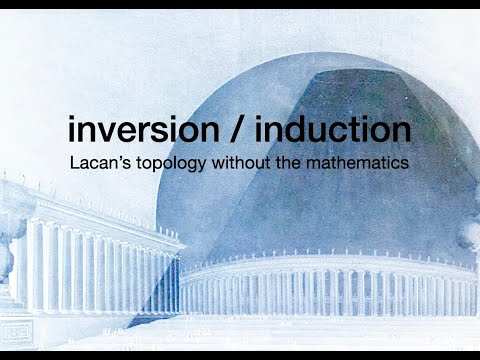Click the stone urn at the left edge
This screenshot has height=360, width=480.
tap(6, 250)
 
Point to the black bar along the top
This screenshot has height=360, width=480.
tap(240, 4)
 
